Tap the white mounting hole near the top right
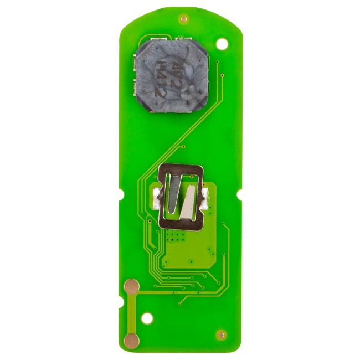222,43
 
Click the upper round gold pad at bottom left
132,286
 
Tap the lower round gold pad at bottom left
131,340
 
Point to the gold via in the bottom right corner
221,335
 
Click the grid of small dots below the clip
176,237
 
